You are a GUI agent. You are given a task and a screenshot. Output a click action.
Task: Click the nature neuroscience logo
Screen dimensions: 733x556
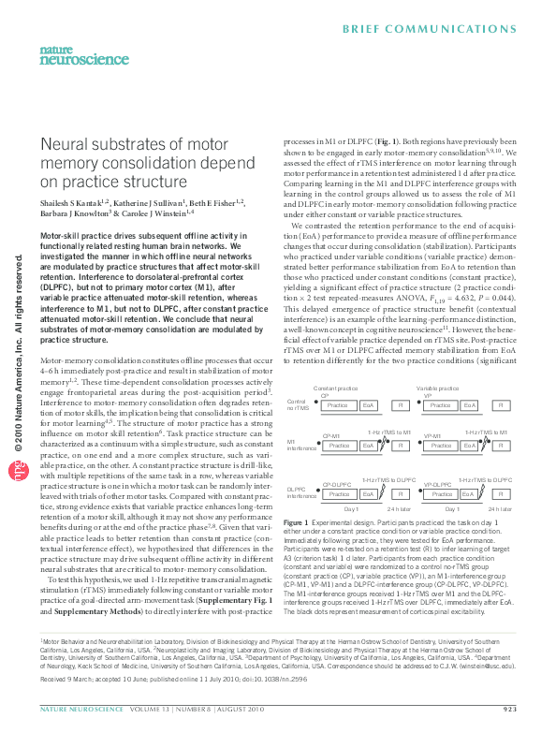click(71, 56)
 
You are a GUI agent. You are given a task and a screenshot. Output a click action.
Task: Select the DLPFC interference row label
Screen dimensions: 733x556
click(297, 491)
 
